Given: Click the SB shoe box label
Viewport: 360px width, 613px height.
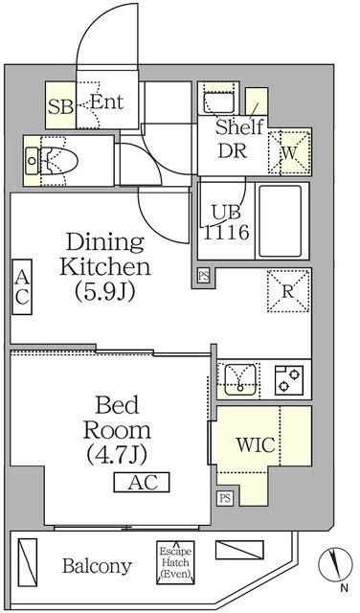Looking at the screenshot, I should (x=59, y=105).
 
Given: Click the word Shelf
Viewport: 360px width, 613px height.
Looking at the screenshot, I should (x=238, y=128).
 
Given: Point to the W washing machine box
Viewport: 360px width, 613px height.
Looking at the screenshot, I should (x=290, y=150).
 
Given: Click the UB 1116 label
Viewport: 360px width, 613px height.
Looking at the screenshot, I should (x=226, y=222).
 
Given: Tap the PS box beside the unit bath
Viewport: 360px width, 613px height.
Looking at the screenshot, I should (x=202, y=277).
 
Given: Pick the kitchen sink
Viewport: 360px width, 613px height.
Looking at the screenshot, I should (x=236, y=379).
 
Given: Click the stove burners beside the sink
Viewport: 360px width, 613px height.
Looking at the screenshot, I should (x=285, y=379).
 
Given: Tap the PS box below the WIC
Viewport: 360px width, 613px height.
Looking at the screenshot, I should (x=225, y=498).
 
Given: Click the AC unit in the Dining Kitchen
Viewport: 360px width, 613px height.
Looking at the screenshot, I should (x=21, y=286).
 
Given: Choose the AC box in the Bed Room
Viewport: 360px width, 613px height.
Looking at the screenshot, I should (x=142, y=482).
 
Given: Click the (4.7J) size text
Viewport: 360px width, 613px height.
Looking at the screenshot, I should (x=113, y=450).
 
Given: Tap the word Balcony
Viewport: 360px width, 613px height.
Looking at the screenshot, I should (x=97, y=566).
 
